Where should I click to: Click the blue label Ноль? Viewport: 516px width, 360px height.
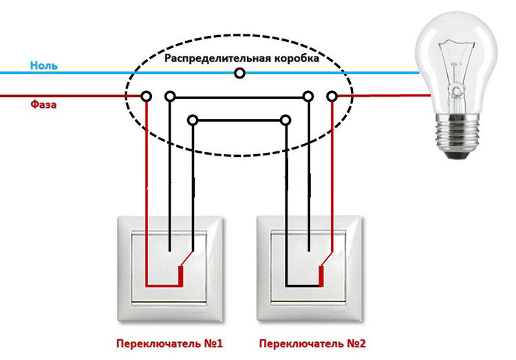click(44, 65)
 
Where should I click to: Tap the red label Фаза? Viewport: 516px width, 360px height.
click(43, 105)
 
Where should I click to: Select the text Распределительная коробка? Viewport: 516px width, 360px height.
click(241, 59)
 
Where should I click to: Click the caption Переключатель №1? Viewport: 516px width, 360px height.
click(169, 343)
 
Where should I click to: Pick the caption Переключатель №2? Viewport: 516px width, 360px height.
click(312, 343)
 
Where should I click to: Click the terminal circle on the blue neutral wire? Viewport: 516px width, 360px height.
click(240, 73)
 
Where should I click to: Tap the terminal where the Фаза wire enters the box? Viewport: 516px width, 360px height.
click(147, 96)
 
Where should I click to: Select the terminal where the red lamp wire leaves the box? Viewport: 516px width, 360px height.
click(332, 96)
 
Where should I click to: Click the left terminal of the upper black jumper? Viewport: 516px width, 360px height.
click(170, 96)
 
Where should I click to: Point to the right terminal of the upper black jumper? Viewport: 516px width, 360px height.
click(308, 96)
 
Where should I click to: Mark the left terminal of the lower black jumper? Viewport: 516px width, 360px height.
click(193, 120)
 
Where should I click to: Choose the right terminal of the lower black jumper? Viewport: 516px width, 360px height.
click(286, 120)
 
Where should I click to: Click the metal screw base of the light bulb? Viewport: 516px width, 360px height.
click(455, 137)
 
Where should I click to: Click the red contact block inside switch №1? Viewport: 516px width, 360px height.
click(181, 276)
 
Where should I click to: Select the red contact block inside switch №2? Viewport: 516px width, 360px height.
click(321, 276)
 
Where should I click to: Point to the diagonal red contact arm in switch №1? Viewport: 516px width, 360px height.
click(186, 259)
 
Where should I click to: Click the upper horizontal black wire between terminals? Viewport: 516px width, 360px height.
click(239, 98)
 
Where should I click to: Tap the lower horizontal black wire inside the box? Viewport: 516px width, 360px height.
click(239, 121)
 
